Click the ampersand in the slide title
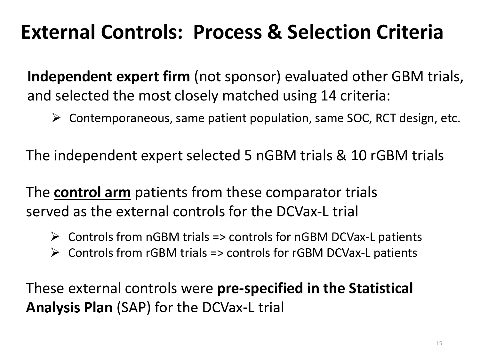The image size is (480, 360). (x=274, y=32)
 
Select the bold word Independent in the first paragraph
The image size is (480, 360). (x=69, y=77)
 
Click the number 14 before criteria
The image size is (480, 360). (x=328, y=95)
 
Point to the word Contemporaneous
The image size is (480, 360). (x=119, y=118)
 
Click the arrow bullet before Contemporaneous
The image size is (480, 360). (x=56, y=118)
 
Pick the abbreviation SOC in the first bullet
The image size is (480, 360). (x=359, y=118)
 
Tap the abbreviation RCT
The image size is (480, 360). (x=386, y=118)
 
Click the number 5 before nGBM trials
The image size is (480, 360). (x=248, y=156)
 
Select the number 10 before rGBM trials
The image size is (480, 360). (x=359, y=156)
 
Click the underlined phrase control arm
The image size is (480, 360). (x=92, y=192)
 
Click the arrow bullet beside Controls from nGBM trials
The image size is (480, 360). (x=55, y=236)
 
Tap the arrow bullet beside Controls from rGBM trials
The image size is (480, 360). (x=55, y=253)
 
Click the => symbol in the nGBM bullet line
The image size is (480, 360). (x=219, y=237)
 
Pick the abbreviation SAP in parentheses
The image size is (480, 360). (x=134, y=307)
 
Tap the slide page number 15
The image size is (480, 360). (x=439, y=343)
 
